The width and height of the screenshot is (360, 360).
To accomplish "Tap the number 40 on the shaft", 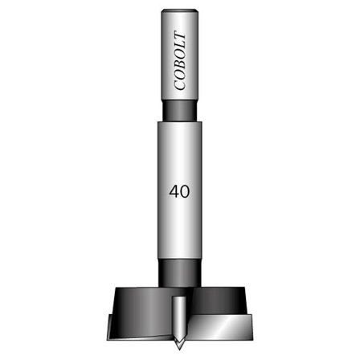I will [x=180, y=193].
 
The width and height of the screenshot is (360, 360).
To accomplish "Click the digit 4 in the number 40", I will [x=174, y=193].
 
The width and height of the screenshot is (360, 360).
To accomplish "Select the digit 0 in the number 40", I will [x=186, y=193].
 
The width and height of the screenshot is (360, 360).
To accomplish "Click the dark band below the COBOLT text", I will [x=180, y=110].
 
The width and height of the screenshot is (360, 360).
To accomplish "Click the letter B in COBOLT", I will [x=181, y=65].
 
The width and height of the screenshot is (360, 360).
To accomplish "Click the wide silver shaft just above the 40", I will [x=180, y=157].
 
